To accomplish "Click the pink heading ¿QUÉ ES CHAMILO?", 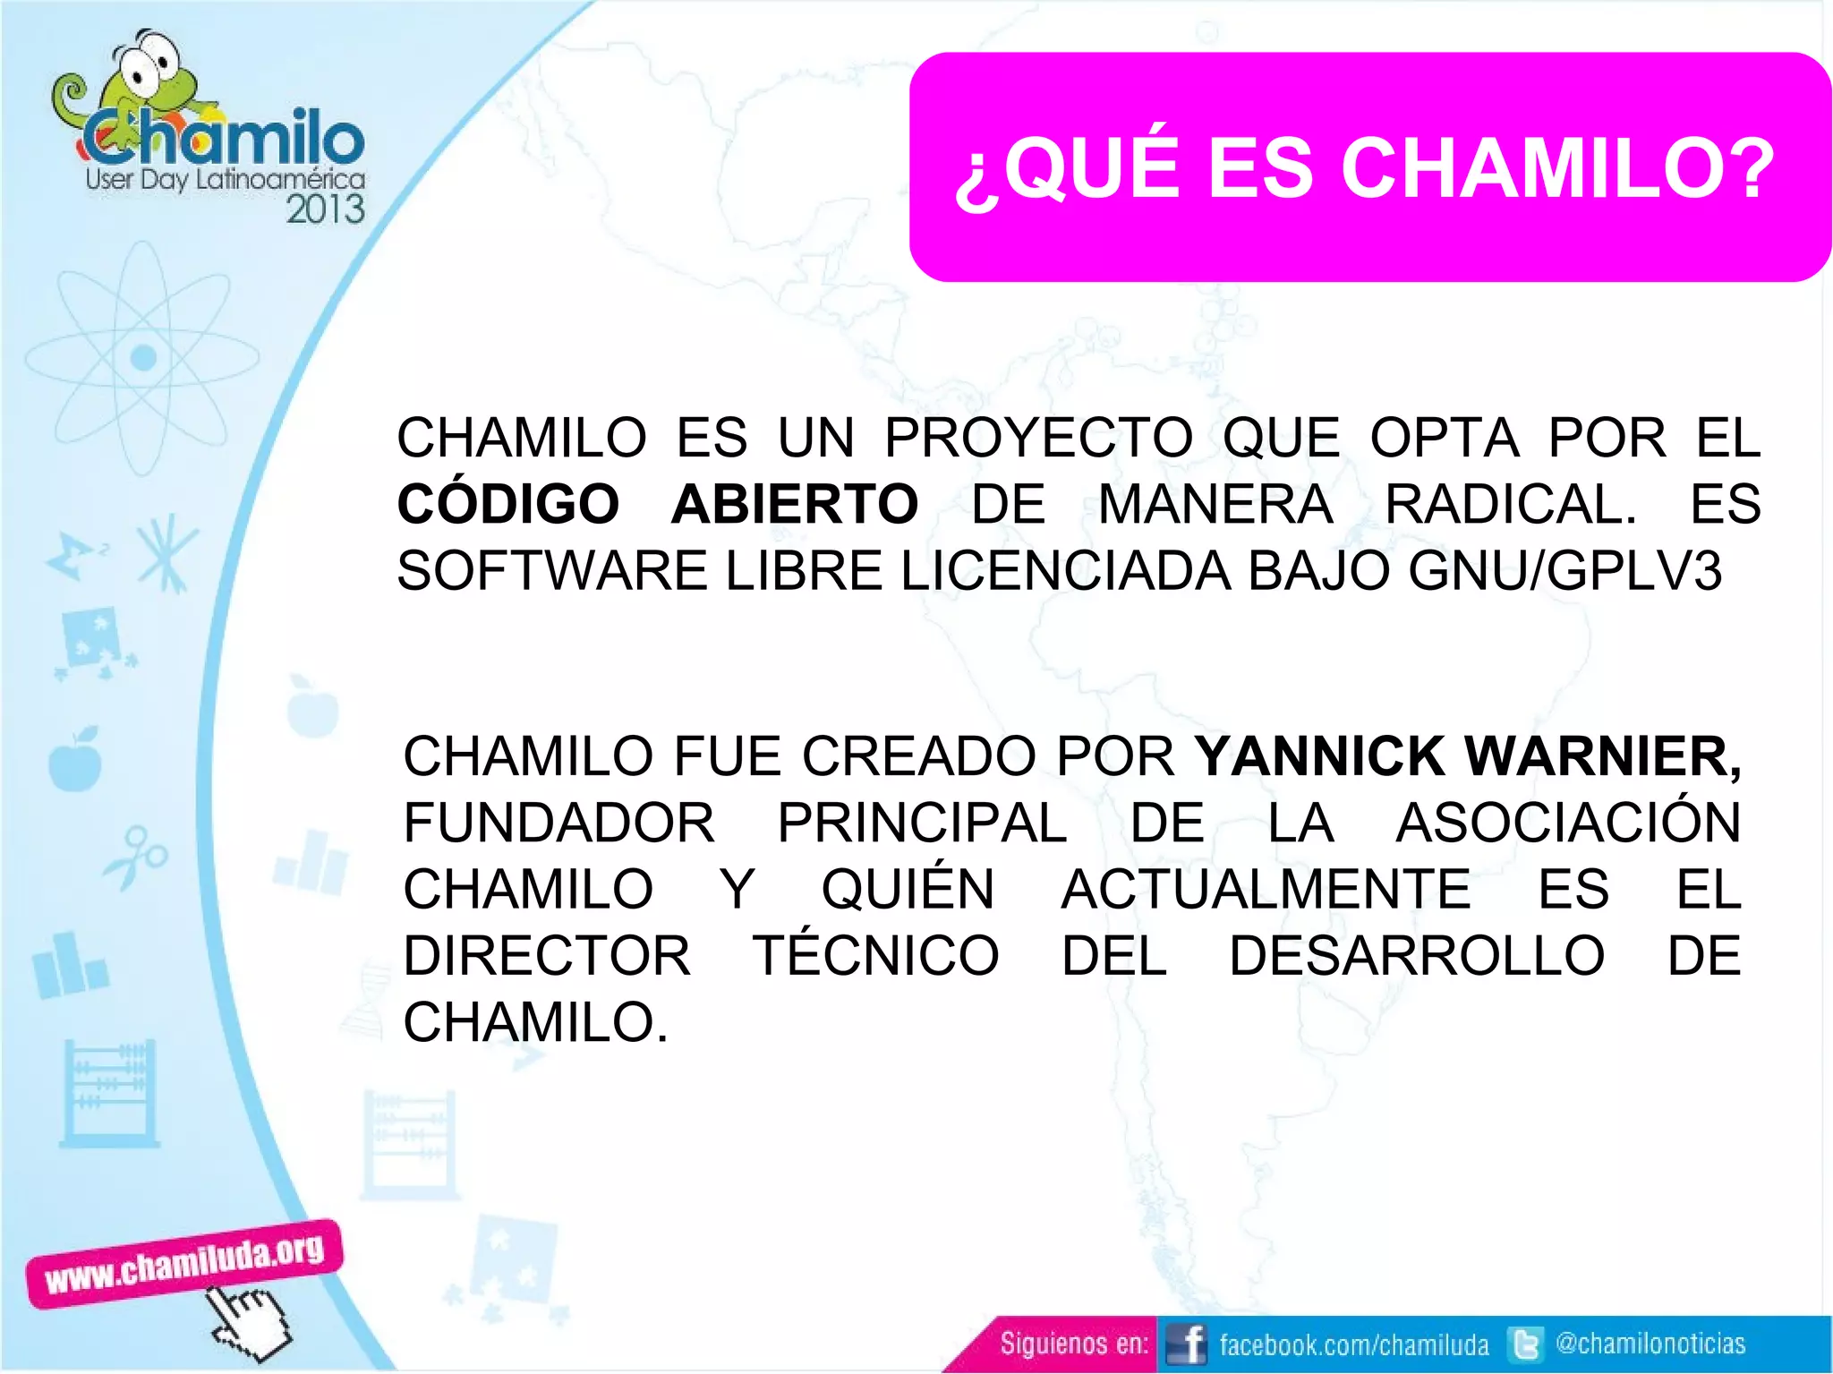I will (1365, 168).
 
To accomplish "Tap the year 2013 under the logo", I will (325, 209).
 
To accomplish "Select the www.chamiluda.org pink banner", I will (183, 1263).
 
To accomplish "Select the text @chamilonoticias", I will (1650, 1343).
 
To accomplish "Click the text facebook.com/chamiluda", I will (1353, 1344).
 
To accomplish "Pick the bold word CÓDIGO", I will (508, 504).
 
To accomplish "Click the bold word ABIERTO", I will (795, 504).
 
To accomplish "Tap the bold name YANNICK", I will (1320, 756).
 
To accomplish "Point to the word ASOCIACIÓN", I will (1568, 823).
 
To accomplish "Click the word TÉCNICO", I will (875, 955).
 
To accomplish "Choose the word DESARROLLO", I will (1417, 955).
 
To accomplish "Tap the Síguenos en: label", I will (1073, 1344).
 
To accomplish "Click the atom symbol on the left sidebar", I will (142, 359).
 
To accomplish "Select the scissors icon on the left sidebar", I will (137, 856).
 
